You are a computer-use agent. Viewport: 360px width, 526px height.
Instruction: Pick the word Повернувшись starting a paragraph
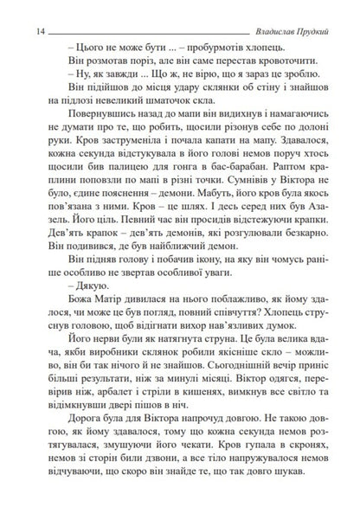pos(96,125)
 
